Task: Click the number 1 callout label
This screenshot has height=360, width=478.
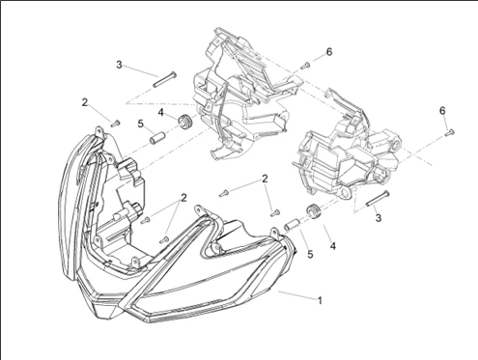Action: pos(320,301)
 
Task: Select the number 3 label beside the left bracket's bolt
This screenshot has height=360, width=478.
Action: pos(119,65)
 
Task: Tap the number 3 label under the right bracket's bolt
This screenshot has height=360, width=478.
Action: pos(379,218)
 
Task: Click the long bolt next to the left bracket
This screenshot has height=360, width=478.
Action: pos(164,79)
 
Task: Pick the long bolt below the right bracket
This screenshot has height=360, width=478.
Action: pos(378,199)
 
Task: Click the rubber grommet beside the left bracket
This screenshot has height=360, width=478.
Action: pos(185,123)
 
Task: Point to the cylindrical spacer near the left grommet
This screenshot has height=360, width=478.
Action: pos(156,138)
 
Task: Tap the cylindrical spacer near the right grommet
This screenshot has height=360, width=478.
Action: pos(292,225)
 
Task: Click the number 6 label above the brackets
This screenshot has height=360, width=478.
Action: pos(329,52)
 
